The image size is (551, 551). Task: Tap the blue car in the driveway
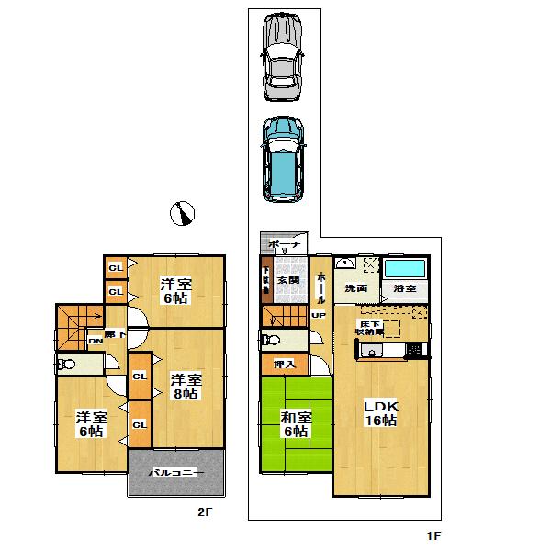tap(284, 157)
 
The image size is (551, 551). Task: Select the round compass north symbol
tap(183, 213)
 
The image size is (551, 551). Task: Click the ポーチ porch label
tap(284, 246)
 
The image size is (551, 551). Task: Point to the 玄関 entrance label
tap(289, 279)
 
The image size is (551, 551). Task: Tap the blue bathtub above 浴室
tap(405, 272)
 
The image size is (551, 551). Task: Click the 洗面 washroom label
tap(356, 289)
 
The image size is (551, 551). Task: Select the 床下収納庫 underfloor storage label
tap(368, 327)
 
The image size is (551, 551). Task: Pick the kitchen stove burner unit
tap(414, 350)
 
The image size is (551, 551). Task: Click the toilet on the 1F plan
tap(271, 340)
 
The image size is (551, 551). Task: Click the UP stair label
tap(319, 316)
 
